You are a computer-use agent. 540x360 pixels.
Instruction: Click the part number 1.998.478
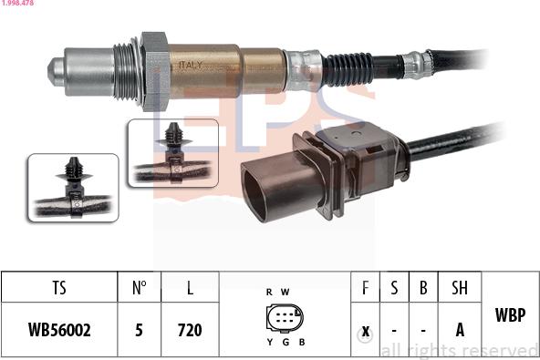17,5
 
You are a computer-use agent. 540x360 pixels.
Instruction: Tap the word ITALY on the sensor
190,65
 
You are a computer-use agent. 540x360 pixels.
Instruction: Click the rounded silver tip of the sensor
60,68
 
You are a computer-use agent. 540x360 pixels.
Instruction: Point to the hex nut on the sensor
155,69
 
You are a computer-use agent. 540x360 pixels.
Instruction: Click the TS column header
59,289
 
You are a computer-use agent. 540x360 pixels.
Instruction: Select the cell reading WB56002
59,330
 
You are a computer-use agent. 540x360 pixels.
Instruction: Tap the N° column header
139,289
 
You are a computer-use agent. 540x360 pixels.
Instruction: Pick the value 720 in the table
190,330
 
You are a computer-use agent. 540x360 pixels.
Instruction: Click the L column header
190,289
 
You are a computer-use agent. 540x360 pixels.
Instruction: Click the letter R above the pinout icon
269,292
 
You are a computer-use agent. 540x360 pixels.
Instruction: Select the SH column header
460,289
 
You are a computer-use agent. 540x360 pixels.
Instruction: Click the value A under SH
460,330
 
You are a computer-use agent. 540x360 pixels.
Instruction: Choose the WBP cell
510,315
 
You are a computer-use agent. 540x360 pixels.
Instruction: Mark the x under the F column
365,330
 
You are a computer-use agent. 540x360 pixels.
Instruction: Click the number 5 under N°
139,330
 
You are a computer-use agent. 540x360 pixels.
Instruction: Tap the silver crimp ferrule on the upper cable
417,64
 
